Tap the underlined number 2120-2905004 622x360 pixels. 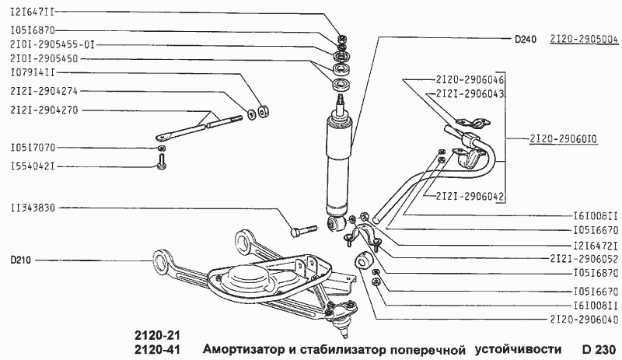pos(583,38)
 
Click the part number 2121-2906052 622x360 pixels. pos(583,258)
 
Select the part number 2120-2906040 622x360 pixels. pos(583,319)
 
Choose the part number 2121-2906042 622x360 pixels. pos(470,195)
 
